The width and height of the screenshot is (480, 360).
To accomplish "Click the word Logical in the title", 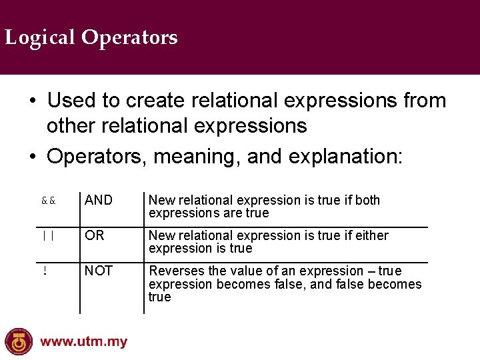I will click(41, 37).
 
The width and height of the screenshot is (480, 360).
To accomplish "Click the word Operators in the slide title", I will click(130, 37).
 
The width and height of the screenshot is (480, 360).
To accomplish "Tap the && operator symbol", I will click(48, 200).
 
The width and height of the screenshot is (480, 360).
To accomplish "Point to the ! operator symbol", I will click(44, 271).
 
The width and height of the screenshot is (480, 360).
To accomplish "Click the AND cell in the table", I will click(99, 200).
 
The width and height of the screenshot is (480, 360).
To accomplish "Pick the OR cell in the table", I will click(95, 235).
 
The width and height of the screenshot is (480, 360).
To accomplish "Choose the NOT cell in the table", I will click(99, 271).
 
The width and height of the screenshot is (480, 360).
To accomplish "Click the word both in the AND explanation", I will click(367, 200).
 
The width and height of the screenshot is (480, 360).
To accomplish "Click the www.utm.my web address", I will click(83, 343).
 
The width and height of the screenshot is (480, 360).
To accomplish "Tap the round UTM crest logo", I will click(19, 341).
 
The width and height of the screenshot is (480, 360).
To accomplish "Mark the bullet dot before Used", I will click(32, 101).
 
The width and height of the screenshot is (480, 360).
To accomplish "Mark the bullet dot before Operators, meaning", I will click(32, 157).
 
